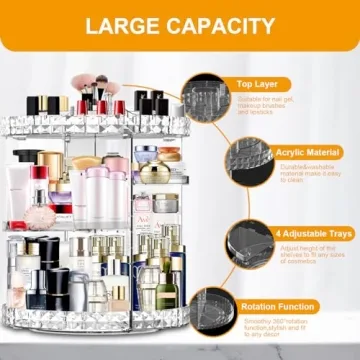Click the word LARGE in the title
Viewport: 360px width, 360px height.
click(x=123, y=25)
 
